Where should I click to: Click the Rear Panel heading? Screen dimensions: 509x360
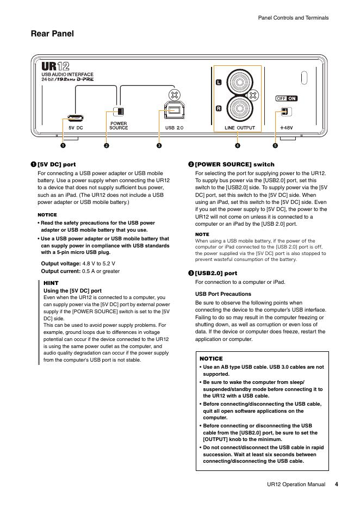pyautogui.click(x=52, y=34)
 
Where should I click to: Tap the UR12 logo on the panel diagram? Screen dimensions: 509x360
pyautogui.click(x=55, y=66)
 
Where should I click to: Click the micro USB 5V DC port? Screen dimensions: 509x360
pyautogui.click(x=75, y=117)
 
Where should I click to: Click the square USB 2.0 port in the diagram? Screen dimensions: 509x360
pyautogui.click(x=174, y=111)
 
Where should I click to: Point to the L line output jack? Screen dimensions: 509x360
pyautogui.click(x=238, y=83)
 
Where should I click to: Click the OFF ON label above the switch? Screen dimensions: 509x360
pyautogui.click(x=287, y=98)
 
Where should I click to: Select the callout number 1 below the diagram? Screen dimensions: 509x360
pyautogui.click(x=63, y=146)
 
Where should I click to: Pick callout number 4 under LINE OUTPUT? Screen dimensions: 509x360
pyautogui.click(x=238, y=146)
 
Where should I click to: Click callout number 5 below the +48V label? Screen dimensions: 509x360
pyautogui.click(x=275, y=146)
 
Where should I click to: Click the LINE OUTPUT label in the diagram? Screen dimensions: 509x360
pyautogui.click(x=240, y=128)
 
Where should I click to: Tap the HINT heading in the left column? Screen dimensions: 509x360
pyautogui.click(x=51, y=283)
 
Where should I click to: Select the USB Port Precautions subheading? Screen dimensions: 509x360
pyautogui.click(x=223, y=294)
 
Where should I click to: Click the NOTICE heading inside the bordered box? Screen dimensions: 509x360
pyautogui.click(x=211, y=359)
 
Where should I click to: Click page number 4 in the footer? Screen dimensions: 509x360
pyautogui.click(x=337, y=484)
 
